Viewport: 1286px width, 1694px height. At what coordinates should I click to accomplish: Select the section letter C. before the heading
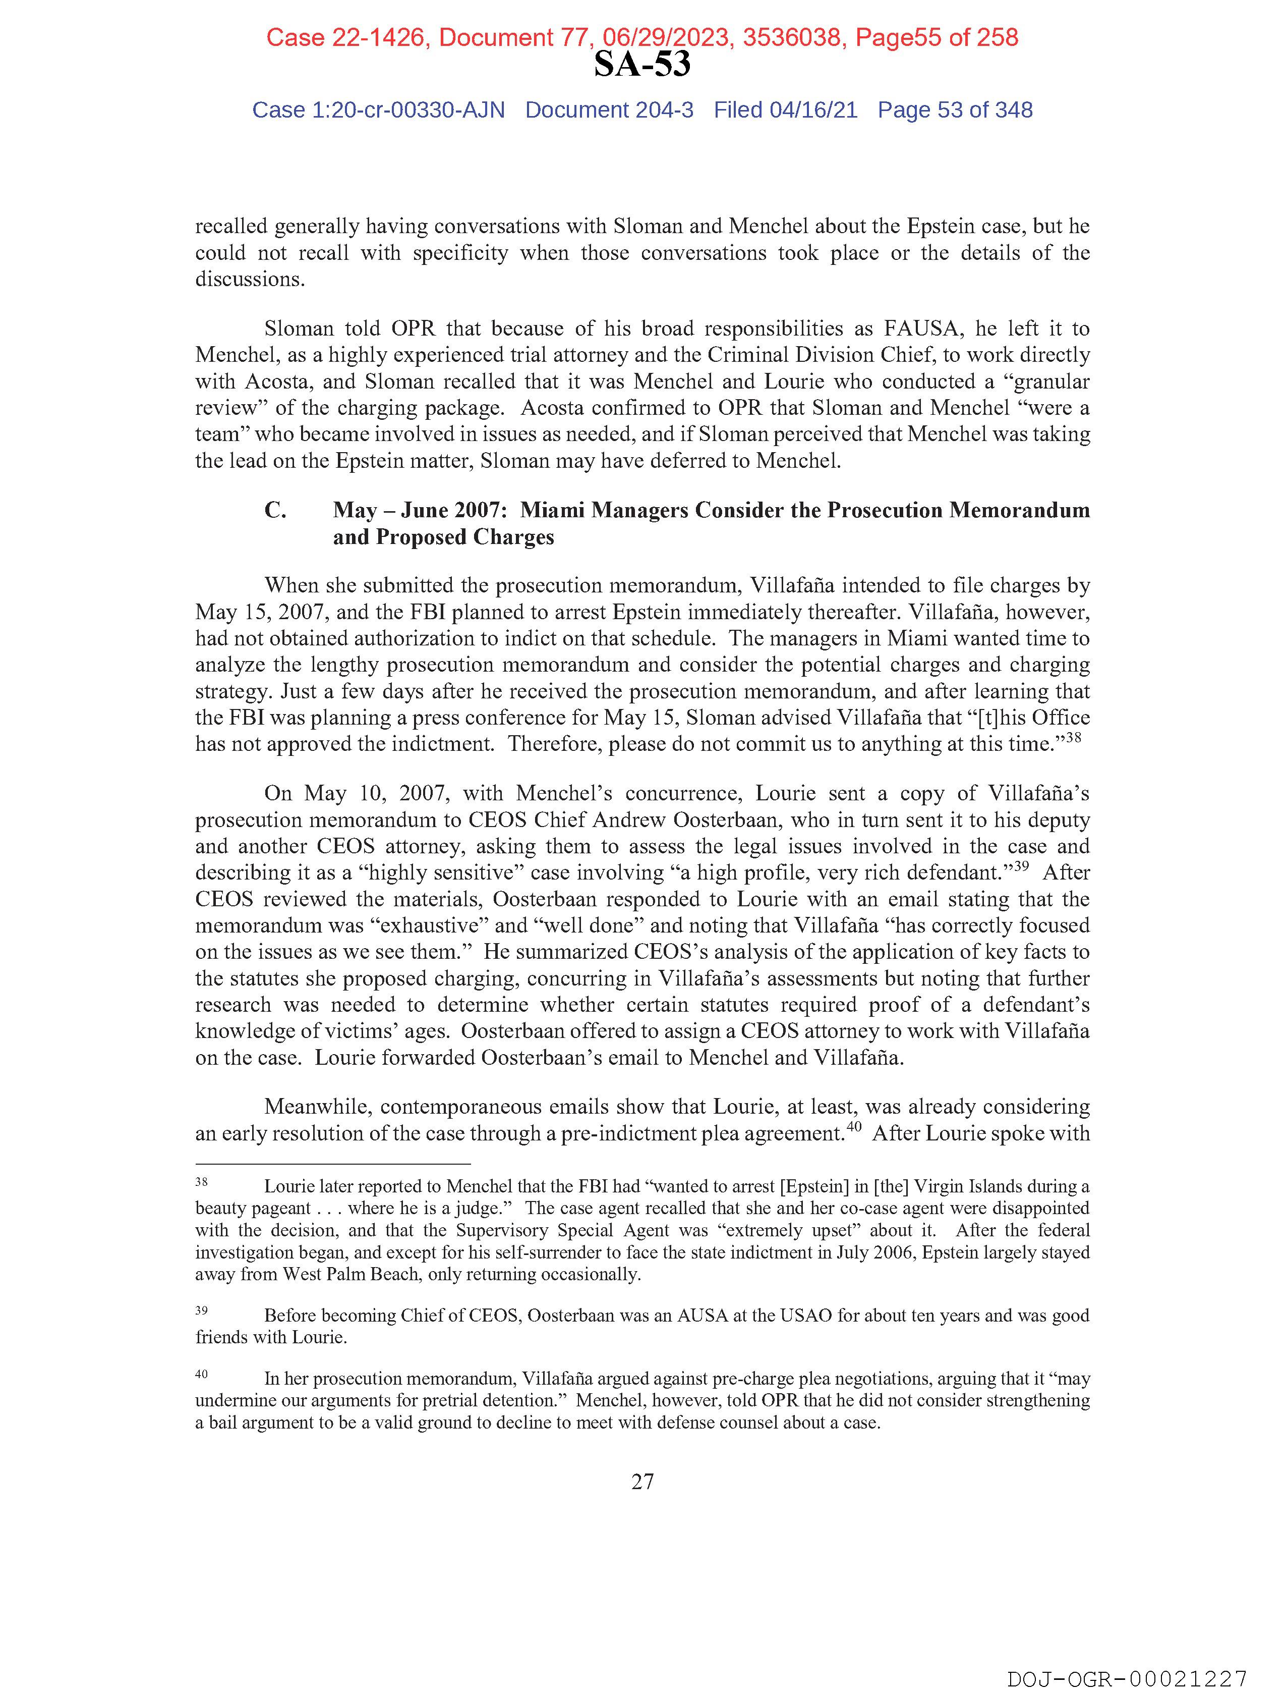click(x=275, y=510)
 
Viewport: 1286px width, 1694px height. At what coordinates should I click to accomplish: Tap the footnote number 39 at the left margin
click(x=201, y=1310)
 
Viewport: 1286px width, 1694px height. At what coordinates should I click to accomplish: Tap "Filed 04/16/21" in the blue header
click(x=785, y=111)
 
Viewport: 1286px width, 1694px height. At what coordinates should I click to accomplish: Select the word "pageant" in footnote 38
click(x=282, y=1209)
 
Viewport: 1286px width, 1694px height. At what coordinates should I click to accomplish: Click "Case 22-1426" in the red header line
click(x=345, y=37)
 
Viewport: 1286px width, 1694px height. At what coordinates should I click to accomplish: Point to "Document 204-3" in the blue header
click(x=609, y=111)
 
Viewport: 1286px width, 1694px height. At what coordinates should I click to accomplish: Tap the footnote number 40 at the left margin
click(x=201, y=1374)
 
